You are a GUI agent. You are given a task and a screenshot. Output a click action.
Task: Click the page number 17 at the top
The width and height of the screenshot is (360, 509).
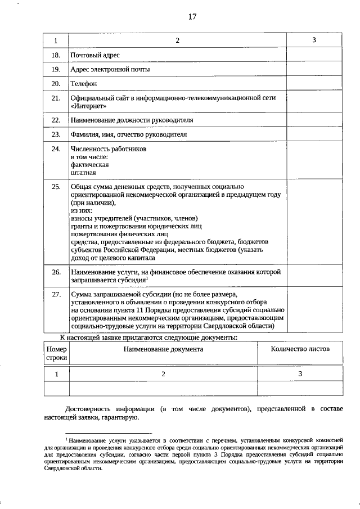192,16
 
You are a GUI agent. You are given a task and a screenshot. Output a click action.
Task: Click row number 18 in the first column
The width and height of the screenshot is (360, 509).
56,55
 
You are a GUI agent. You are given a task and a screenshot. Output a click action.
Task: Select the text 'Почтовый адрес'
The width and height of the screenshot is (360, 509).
94,55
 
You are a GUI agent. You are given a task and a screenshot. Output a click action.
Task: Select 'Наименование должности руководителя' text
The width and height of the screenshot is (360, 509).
131,120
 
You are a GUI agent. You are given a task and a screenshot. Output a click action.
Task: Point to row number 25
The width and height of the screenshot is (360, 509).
56,186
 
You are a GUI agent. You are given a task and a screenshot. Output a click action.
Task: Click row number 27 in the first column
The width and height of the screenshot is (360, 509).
56,294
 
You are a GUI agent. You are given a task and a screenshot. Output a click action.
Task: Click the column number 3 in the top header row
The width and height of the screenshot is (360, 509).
314,40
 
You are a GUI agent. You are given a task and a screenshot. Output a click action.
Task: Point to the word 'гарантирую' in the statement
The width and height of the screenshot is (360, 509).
116,417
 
